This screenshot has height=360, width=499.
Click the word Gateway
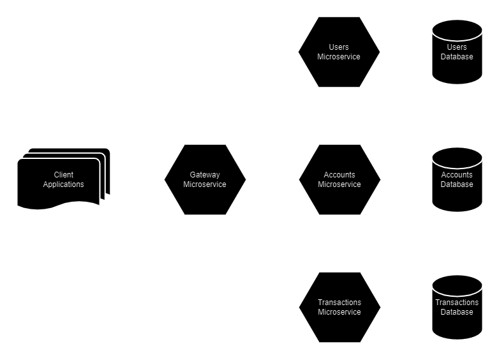click(205, 175)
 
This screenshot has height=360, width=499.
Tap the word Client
click(63, 175)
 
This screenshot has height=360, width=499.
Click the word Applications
click(63, 184)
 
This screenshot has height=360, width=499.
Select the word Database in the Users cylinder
click(457, 57)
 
